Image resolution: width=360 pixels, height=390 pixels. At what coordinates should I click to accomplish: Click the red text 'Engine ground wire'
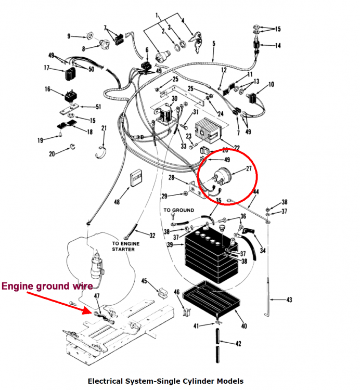[47, 286]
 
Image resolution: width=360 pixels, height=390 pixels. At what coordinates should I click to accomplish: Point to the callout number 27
[248, 168]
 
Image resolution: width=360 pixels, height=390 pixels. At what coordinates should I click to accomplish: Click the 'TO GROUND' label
[179, 211]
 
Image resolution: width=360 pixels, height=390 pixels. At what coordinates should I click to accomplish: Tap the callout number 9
[69, 36]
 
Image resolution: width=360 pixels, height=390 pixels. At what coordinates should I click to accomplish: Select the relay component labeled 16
[70, 96]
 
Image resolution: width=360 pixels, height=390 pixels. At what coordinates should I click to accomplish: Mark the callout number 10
[271, 84]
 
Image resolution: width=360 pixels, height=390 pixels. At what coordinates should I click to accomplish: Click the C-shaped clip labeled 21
[102, 151]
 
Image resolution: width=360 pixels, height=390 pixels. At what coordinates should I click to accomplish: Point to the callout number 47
[96, 296]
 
